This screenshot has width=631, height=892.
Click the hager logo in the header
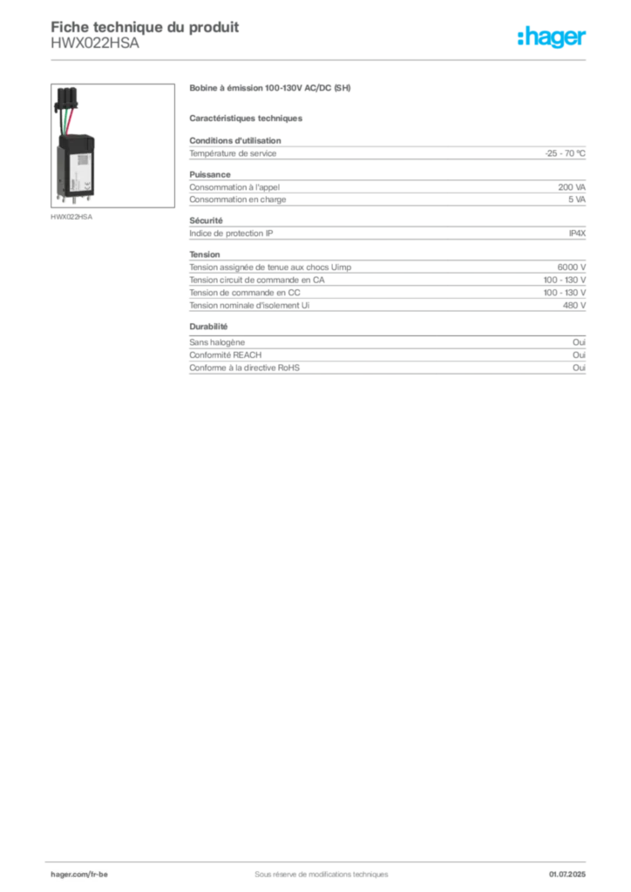pos(552,37)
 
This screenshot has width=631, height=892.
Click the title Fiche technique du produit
pos(145,27)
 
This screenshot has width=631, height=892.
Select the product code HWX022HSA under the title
pos(94,44)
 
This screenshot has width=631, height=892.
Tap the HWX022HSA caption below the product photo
pos(71,217)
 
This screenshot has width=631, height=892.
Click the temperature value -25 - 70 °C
pos(565,153)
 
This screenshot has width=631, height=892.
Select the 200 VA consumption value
pos(572,187)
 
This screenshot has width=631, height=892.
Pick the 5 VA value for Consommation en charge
pos(576,199)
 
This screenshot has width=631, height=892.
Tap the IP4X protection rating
pos(577,233)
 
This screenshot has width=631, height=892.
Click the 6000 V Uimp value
pos(571,267)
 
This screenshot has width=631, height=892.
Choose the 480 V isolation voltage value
pos(574,306)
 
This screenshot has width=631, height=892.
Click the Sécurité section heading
pos(206,220)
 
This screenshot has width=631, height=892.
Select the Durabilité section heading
pos(208,327)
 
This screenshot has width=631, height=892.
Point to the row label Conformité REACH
pos(226,355)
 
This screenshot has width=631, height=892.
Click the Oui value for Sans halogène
pos(579,342)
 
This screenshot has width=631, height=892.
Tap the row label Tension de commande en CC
pos(245,293)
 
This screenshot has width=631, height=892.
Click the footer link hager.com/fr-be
pos(79,875)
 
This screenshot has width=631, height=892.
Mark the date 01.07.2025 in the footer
pos(567,875)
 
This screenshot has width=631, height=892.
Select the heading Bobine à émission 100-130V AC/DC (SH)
pos(269,88)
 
